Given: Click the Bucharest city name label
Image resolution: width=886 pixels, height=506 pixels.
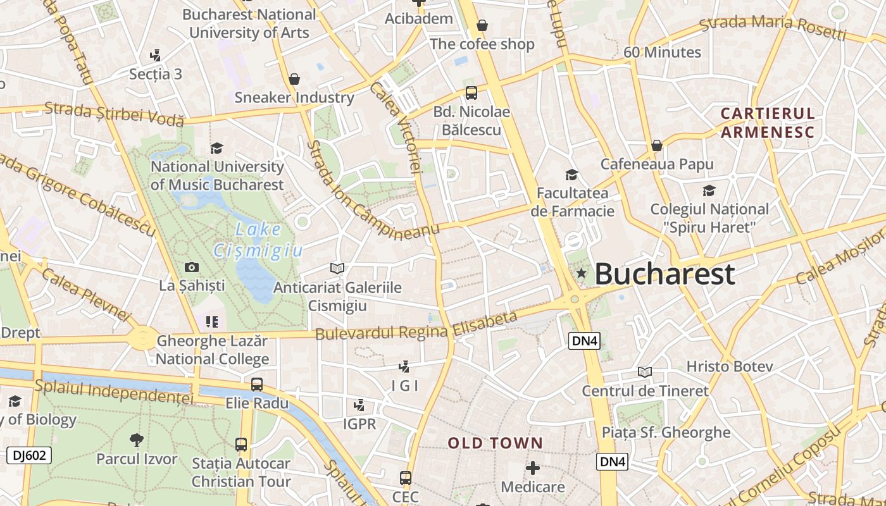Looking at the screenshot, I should tap(664, 274).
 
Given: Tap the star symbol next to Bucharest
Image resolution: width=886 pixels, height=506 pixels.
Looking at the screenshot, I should tap(581, 273).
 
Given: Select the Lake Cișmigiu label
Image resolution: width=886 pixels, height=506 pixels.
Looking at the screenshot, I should tap(258, 240).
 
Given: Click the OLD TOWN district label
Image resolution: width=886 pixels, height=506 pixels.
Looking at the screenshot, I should tap(496, 443).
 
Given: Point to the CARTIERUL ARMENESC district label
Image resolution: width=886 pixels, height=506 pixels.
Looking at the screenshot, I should tap(768, 123).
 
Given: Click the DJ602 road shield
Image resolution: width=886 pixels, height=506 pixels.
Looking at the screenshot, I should tap(29, 455).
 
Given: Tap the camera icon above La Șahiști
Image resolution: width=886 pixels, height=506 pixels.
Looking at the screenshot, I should tap(191, 268).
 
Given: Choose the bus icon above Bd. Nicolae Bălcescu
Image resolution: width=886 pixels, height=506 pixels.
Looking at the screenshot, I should tap(471, 93).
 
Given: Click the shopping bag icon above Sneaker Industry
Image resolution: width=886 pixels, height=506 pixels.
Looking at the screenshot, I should tap(294, 79).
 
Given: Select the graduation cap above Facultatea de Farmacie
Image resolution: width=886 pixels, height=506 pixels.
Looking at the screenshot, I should tap(571, 175).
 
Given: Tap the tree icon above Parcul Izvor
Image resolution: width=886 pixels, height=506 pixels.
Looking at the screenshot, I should tap(136, 440).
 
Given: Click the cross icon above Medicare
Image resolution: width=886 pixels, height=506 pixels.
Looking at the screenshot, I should tap(533, 468).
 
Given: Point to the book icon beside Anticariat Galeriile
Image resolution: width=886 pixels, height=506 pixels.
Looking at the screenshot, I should tap(337, 269).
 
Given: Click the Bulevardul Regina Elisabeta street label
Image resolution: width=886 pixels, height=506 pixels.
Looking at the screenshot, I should tap(416, 326).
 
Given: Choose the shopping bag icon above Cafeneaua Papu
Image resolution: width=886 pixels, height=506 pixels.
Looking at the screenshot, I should tap(657, 145).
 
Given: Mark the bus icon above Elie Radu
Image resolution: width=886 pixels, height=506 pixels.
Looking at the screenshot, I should tap(257, 384).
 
